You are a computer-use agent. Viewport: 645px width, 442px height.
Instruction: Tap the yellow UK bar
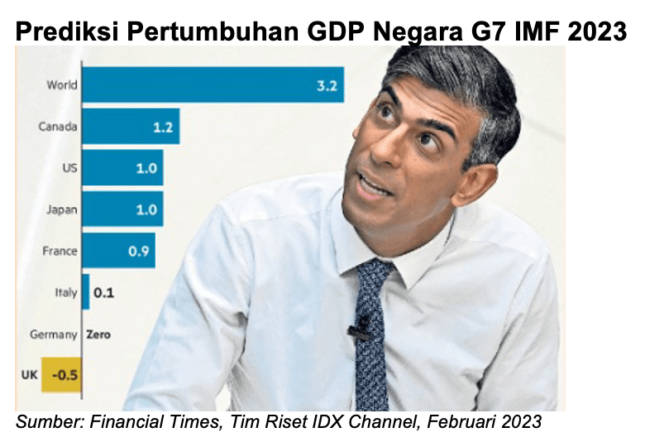[63, 375]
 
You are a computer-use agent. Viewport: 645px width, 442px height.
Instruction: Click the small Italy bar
[86, 292]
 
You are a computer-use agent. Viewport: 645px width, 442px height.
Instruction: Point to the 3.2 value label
[327, 86]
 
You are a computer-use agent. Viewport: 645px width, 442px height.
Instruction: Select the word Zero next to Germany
[98, 334]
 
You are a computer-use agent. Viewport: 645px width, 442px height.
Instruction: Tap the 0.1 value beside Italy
[103, 292]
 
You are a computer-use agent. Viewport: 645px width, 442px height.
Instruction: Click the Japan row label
[62, 209]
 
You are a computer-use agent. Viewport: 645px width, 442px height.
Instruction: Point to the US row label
[69, 168]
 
